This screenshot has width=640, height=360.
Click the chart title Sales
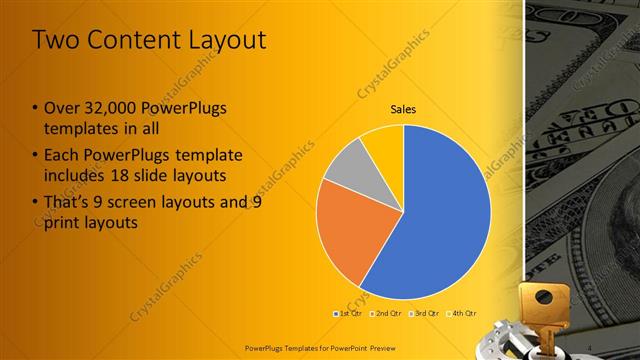(x=403, y=110)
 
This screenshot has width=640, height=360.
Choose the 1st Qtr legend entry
(x=348, y=314)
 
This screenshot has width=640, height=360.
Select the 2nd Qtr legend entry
(x=386, y=314)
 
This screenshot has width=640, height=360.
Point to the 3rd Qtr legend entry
(x=426, y=314)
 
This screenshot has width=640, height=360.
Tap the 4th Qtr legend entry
(x=463, y=314)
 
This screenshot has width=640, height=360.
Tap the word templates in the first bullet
(x=76, y=127)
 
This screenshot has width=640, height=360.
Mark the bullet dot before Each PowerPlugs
(x=35, y=156)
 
